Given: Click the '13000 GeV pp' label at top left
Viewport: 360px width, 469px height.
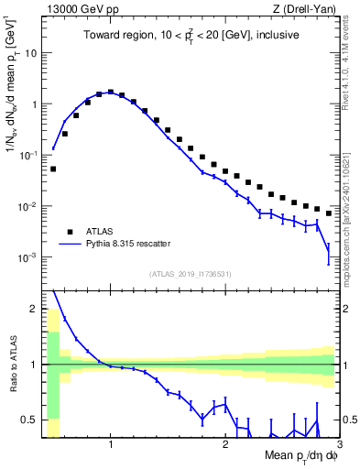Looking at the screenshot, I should point(76,9).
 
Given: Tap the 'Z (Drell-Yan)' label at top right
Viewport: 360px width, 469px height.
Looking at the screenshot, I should point(307,9).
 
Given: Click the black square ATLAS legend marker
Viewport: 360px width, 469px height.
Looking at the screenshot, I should point(68,232).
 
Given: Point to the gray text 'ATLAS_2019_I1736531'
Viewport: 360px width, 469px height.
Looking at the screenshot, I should point(191,274).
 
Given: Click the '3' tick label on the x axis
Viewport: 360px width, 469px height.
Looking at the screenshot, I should point(340,445).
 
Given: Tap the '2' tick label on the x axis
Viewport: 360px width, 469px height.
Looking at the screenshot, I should point(225,445).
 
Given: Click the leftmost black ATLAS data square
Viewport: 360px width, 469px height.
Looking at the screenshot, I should point(53,169).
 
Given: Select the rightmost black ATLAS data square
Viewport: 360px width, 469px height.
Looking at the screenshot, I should point(329,213).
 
